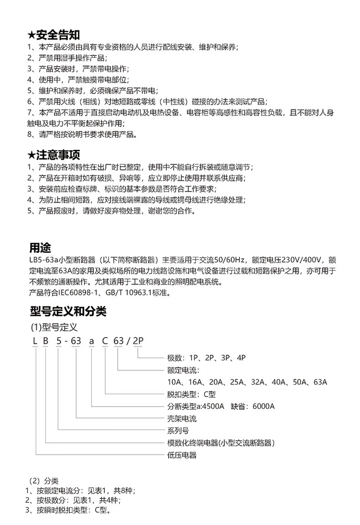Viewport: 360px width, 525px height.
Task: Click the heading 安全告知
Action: (x=57, y=35)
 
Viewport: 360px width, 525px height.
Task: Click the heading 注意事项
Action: (x=57, y=155)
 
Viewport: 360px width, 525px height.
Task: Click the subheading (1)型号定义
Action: (x=54, y=327)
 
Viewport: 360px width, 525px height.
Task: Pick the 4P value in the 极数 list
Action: (x=241, y=358)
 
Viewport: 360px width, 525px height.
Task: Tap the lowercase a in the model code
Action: (x=91, y=342)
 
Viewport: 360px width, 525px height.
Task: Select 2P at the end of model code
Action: (x=138, y=342)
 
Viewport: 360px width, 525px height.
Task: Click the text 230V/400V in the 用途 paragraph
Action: (x=302, y=260)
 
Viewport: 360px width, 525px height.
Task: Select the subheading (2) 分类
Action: (x=44, y=481)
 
